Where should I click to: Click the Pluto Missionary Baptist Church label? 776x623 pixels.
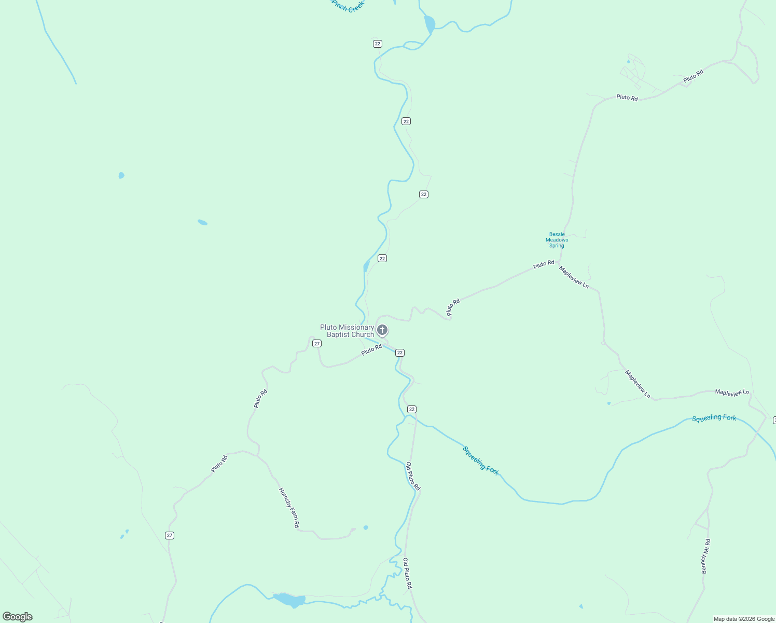pos(347,331)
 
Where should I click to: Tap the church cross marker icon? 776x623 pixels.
pos(382,330)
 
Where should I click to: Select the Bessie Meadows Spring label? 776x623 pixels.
pos(557,240)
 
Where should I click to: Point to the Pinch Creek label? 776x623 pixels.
pos(348,6)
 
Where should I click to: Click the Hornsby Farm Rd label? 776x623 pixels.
pos(289,508)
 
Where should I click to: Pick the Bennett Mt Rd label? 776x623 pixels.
pos(705,556)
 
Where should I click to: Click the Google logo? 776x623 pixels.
pos(18,617)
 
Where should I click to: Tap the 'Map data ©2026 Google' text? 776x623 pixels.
pos(744,619)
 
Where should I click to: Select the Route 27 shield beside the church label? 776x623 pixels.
pos(317,344)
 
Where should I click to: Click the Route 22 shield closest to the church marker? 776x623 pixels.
pos(399,353)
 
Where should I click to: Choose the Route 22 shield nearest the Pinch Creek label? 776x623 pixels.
pos(378,44)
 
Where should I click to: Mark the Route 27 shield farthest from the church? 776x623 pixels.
pos(170,535)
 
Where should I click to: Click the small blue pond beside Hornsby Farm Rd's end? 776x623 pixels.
pos(366,527)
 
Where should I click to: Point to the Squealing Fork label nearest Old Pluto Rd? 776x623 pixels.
pos(481,461)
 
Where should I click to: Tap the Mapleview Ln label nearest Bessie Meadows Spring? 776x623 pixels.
pos(574,277)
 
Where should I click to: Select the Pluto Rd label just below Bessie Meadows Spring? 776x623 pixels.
pos(544,264)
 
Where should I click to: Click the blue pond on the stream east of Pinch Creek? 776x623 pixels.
pos(429,24)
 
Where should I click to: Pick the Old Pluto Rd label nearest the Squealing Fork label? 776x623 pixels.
pos(413,476)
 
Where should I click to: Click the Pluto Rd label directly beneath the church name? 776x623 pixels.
pos(371,350)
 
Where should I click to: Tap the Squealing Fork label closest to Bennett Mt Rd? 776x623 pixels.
pos(714,418)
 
